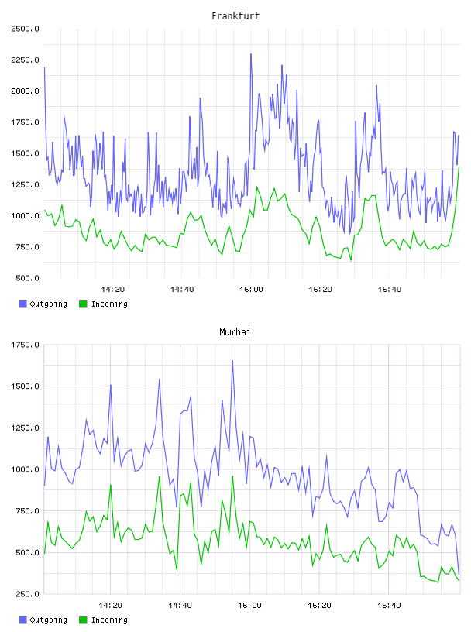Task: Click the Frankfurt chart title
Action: (x=235, y=16)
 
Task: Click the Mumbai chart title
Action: (x=235, y=332)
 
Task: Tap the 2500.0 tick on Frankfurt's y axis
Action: (x=25, y=29)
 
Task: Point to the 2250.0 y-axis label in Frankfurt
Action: (x=25, y=60)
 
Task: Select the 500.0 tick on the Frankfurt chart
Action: (x=27, y=278)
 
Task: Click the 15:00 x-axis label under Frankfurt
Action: (x=251, y=290)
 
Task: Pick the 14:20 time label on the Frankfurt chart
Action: (x=112, y=290)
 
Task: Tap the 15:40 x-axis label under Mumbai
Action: (x=389, y=606)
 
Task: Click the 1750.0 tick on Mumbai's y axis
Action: (x=25, y=345)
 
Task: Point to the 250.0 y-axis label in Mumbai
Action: (x=27, y=594)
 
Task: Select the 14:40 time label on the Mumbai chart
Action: (x=180, y=606)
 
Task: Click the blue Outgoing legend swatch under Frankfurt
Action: (x=22, y=304)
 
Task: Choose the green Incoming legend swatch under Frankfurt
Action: (x=83, y=304)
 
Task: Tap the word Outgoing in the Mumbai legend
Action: (x=48, y=620)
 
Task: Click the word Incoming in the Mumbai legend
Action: (x=109, y=620)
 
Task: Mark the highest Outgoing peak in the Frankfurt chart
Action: (x=251, y=54)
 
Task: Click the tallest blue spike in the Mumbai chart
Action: (x=232, y=361)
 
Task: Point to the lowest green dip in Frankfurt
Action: (x=351, y=260)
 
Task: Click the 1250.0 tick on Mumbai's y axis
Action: (x=25, y=428)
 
